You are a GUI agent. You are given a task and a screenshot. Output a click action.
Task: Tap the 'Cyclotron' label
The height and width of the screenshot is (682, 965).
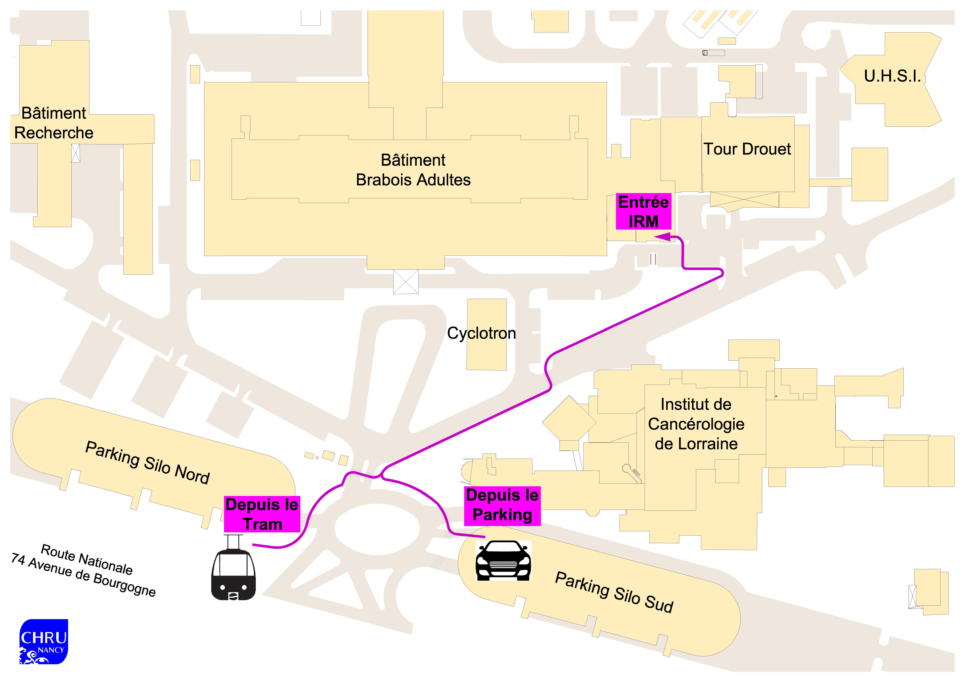(x=481, y=333)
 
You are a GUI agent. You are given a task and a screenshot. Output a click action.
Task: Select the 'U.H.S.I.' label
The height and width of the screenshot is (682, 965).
(x=892, y=76)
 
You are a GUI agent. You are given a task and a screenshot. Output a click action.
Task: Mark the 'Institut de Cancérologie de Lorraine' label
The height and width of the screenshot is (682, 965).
(x=696, y=424)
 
